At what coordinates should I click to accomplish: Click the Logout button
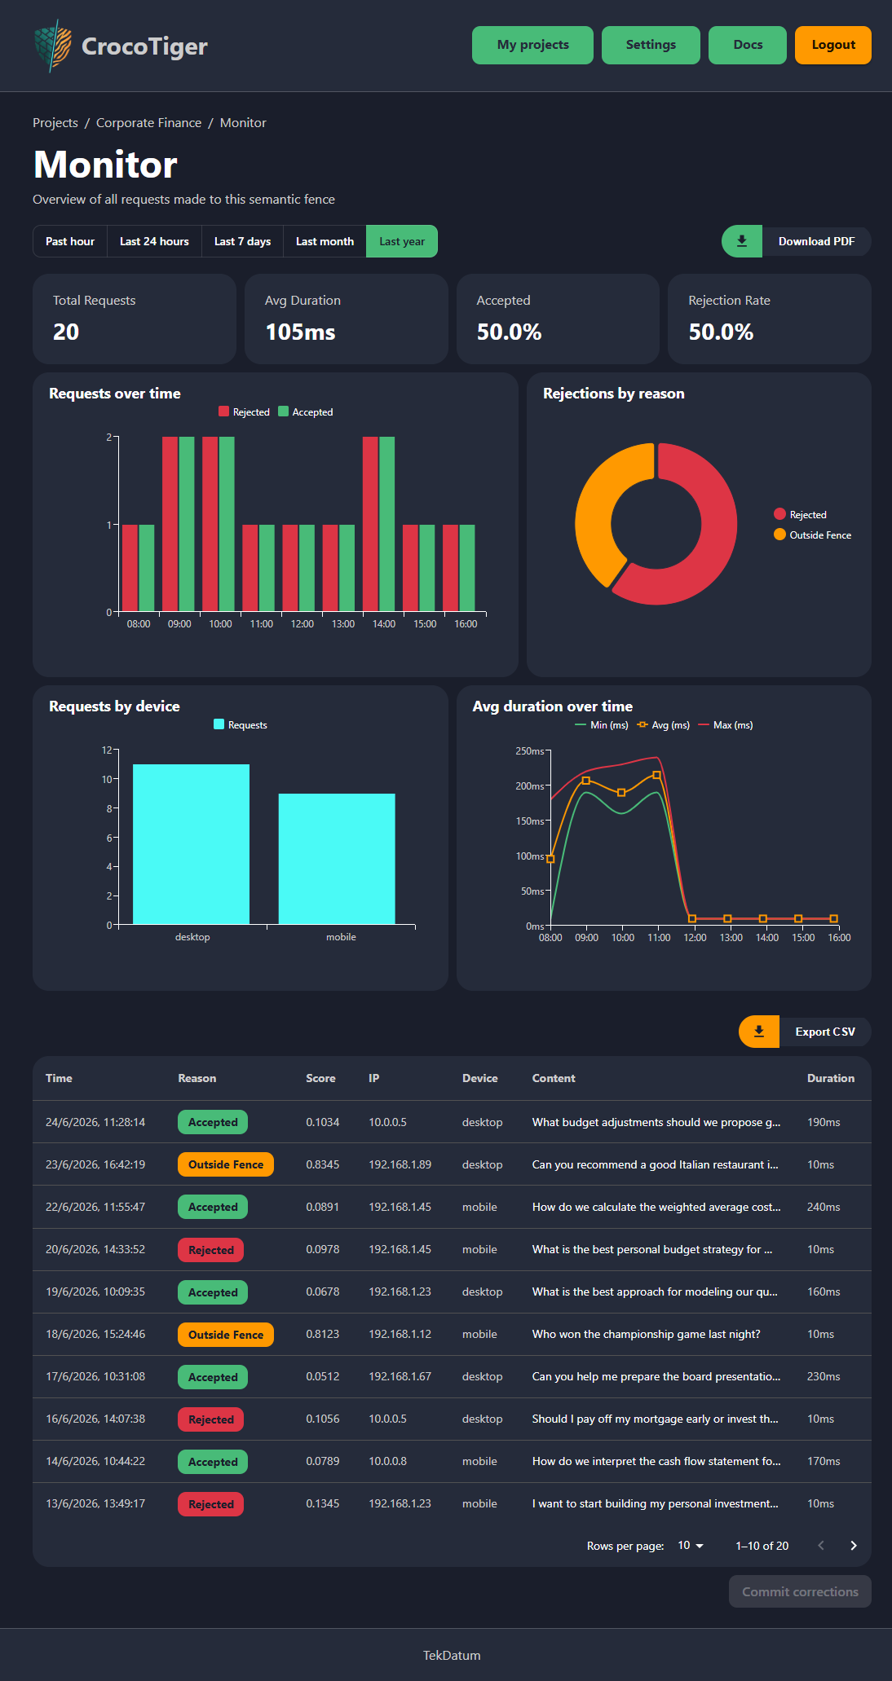point(832,45)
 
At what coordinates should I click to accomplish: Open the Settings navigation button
point(651,45)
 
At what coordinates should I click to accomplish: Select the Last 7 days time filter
point(242,241)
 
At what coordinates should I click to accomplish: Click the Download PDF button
point(796,241)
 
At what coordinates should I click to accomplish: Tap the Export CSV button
point(805,1032)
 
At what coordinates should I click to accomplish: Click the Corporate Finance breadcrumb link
point(148,123)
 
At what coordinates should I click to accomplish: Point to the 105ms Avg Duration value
point(300,332)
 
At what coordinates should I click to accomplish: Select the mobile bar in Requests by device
point(337,859)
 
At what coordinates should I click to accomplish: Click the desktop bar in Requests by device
point(191,844)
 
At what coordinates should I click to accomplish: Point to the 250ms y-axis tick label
point(529,751)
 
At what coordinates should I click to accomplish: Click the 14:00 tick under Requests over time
point(384,624)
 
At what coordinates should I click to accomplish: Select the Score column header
point(320,1078)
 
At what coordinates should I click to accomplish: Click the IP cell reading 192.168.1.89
point(400,1164)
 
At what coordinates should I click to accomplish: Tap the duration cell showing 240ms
point(824,1207)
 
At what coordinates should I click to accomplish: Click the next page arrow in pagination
point(854,1546)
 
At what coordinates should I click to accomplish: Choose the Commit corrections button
point(800,1591)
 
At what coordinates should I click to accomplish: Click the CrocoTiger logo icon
point(52,46)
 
